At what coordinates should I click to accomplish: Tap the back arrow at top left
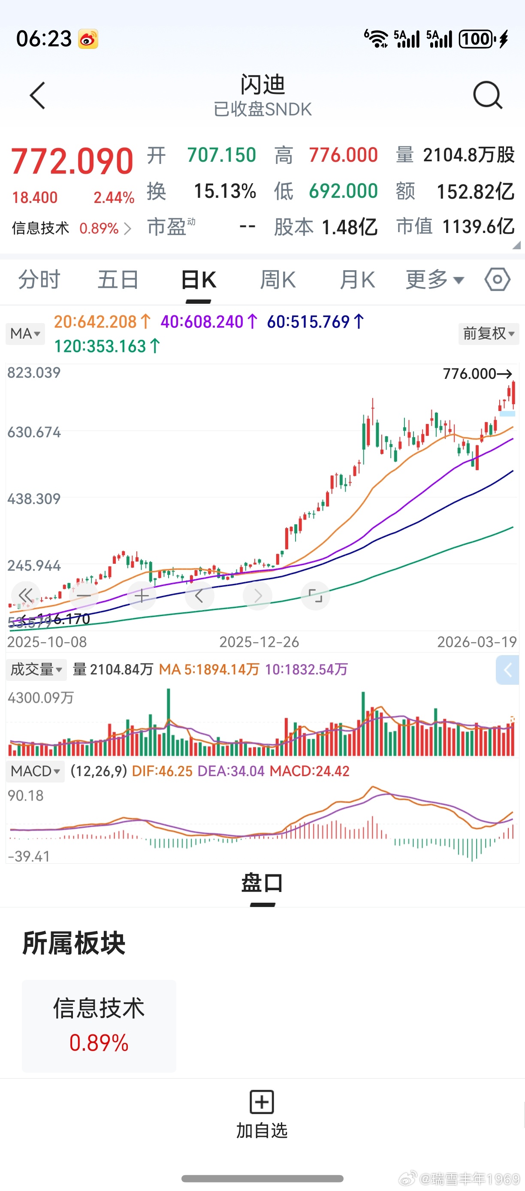click(37, 96)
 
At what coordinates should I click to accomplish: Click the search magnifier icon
click(488, 95)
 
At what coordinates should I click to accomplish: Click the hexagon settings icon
click(497, 279)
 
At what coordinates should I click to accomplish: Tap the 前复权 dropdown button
click(489, 333)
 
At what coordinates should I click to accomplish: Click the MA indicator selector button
click(25, 333)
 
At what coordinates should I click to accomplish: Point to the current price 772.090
click(72, 161)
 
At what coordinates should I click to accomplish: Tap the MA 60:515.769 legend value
click(315, 322)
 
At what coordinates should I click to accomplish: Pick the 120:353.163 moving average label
click(107, 346)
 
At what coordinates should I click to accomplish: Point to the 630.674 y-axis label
click(34, 432)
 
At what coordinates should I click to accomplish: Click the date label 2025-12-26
click(259, 642)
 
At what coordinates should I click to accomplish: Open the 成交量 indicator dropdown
click(36, 669)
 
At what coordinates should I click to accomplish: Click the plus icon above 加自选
click(262, 1102)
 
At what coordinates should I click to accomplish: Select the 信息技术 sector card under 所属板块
click(99, 1025)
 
